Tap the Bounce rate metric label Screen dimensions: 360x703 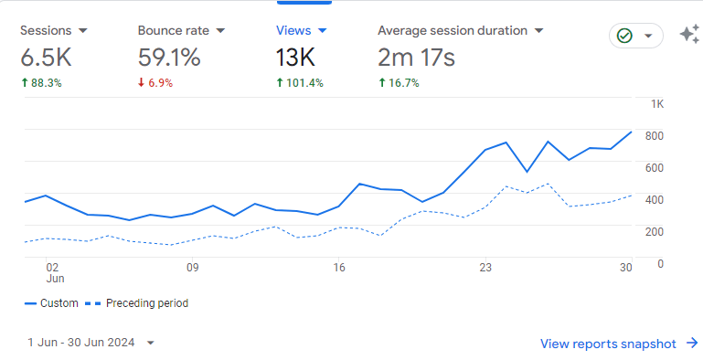(173, 30)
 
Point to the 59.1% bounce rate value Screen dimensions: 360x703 (169, 58)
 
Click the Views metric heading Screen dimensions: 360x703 (294, 30)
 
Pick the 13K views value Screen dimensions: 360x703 (295, 58)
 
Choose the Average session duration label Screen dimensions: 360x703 (453, 30)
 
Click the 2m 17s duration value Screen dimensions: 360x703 (416, 58)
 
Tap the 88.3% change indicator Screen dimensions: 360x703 (42, 83)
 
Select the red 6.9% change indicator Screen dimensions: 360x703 (155, 83)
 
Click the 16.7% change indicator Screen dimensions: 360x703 (399, 83)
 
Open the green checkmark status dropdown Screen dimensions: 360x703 (636, 36)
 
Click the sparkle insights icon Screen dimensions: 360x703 (689, 35)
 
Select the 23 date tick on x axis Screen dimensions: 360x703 (485, 268)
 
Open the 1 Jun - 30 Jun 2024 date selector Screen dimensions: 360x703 (91, 343)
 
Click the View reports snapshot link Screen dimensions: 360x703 (619, 344)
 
